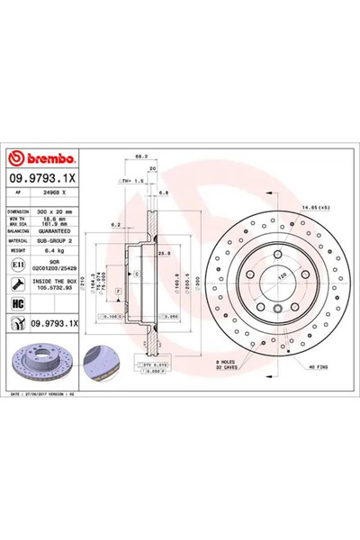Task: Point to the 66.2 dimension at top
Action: click(140, 157)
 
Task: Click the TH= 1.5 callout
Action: click(132, 180)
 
